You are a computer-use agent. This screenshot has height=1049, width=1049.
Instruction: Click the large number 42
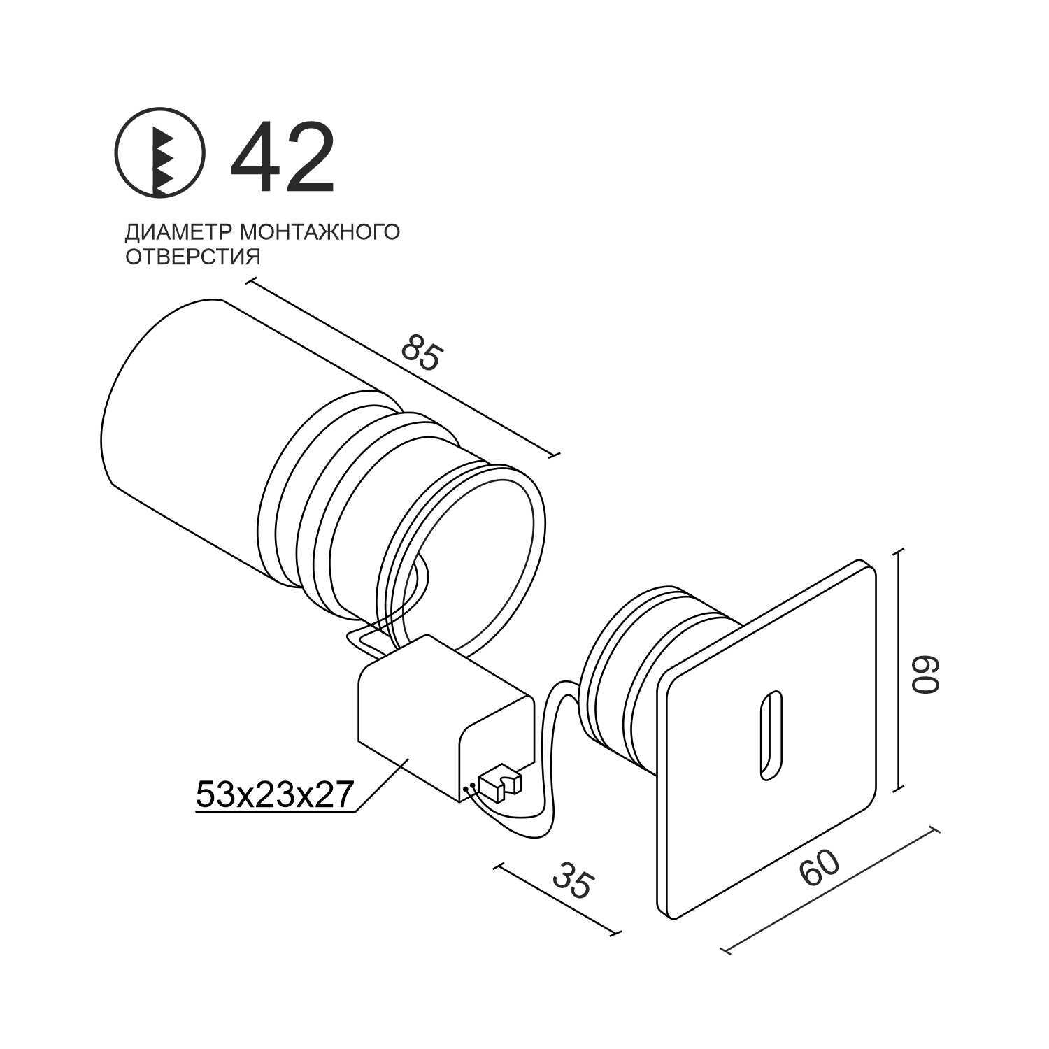(283, 157)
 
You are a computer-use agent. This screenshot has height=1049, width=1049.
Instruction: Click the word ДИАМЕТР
(178, 231)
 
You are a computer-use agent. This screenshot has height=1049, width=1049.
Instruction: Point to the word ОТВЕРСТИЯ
(192, 257)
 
